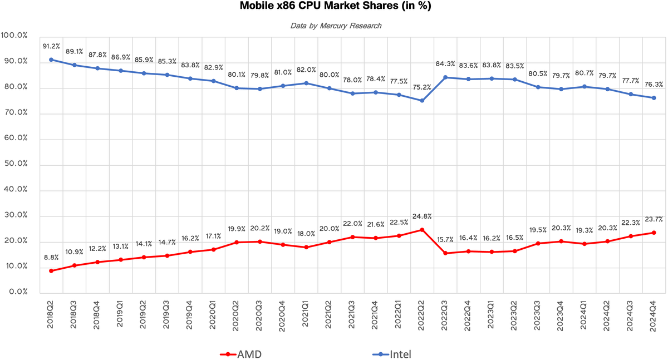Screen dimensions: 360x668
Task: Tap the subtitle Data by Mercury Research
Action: click(x=336, y=26)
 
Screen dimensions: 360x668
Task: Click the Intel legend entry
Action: click(x=392, y=354)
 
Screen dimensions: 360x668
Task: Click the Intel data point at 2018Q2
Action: click(x=51, y=60)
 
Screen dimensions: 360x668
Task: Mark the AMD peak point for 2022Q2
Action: click(x=422, y=230)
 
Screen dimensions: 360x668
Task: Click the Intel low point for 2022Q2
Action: click(x=422, y=101)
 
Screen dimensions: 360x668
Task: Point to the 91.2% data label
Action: click(x=51, y=47)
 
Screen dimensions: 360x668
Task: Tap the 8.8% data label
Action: click(x=51, y=258)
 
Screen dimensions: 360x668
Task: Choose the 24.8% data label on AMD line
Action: click(x=422, y=216)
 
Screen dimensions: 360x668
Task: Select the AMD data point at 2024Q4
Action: click(x=654, y=233)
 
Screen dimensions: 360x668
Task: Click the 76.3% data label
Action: click(x=654, y=85)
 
